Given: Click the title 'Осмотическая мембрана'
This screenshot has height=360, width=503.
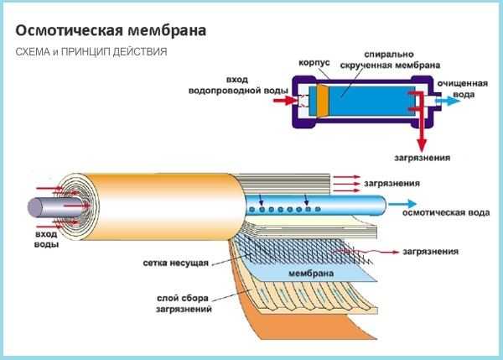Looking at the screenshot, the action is (x=111, y=31).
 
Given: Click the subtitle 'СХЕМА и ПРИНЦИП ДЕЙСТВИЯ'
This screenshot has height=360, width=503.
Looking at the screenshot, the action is (x=91, y=52).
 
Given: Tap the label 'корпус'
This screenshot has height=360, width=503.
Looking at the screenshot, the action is (x=314, y=63).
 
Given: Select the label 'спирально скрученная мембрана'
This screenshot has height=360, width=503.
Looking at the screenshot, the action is (x=390, y=60).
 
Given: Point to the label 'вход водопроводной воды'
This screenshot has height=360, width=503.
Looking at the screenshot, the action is (x=238, y=85).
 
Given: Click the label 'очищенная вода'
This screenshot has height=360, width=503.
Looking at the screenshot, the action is (x=463, y=89).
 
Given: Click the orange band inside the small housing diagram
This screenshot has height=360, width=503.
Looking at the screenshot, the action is (x=323, y=101).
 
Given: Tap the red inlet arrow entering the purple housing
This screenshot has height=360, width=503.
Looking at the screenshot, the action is (x=285, y=101).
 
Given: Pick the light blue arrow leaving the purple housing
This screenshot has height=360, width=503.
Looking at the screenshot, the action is (x=448, y=101).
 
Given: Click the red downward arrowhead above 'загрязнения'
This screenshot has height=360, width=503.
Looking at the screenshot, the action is (x=422, y=145).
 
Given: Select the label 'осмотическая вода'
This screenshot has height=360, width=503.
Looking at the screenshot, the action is (x=446, y=212).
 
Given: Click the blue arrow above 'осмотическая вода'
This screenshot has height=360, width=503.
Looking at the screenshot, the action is (x=402, y=204).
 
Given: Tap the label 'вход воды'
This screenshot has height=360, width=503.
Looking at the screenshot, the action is (x=46, y=239).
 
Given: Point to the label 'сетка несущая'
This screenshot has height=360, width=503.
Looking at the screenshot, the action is (x=176, y=263).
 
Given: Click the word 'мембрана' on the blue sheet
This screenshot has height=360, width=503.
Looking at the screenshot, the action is (x=311, y=274).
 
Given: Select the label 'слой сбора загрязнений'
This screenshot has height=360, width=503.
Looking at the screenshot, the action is (x=184, y=304).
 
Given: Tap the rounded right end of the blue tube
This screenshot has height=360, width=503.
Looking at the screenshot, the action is (x=381, y=206).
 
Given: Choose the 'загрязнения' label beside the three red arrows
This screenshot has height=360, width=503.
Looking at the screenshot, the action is (x=392, y=184).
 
